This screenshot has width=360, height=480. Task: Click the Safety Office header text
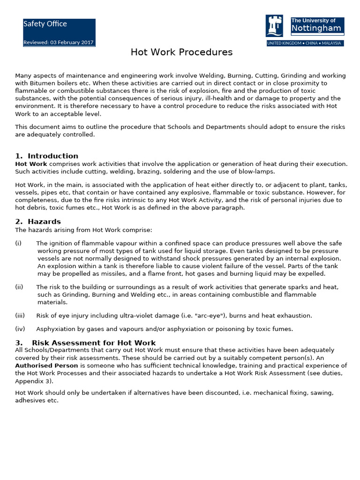(x=45, y=24)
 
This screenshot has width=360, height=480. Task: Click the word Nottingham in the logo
(x=316, y=29)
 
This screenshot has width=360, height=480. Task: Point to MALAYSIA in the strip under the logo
(x=330, y=43)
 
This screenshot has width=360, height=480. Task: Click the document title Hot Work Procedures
(x=181, y=52)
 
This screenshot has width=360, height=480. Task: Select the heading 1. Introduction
(x=46, y=156)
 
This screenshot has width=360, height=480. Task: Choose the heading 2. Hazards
(x=38, y=222)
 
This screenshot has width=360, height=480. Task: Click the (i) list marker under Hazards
(x=18, y=243)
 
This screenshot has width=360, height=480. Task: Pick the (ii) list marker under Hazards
(x=19, y=287)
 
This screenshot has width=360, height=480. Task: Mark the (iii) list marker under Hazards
(x=20, y=316)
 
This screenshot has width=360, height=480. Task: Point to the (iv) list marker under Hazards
(x=20, y=329)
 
